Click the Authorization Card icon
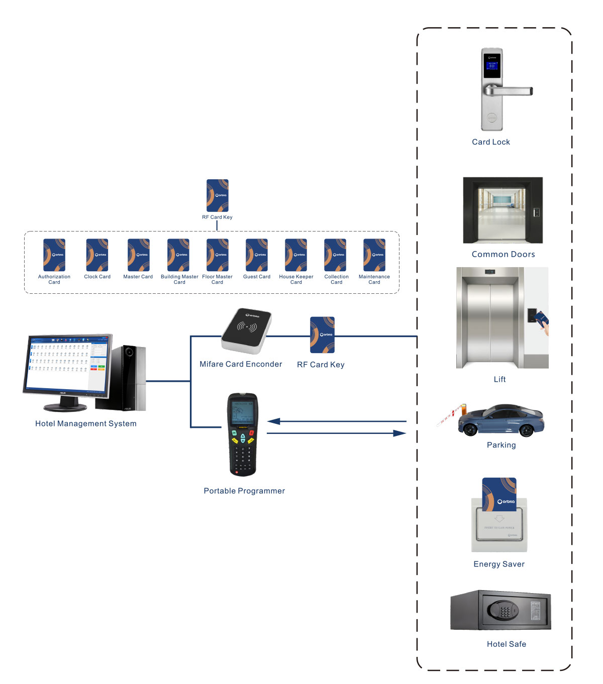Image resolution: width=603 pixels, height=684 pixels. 54,255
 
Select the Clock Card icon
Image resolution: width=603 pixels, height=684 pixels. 97,255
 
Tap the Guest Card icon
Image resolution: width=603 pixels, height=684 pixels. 256,255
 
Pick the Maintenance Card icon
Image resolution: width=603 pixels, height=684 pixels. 374,255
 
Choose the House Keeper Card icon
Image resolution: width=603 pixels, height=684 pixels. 296,255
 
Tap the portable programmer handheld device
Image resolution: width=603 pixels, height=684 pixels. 243,434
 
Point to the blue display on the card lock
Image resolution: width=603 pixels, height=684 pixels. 492,65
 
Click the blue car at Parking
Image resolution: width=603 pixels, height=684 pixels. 501,421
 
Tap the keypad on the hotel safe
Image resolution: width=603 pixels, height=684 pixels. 505,611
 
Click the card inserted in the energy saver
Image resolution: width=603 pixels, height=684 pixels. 499,494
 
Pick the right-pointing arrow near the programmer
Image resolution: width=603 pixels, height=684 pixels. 337,433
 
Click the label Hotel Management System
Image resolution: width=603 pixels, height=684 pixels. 86,423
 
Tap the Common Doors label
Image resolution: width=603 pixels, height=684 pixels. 503,254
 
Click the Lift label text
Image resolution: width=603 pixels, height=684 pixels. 499,379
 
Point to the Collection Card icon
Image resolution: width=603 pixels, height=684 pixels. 335,255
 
